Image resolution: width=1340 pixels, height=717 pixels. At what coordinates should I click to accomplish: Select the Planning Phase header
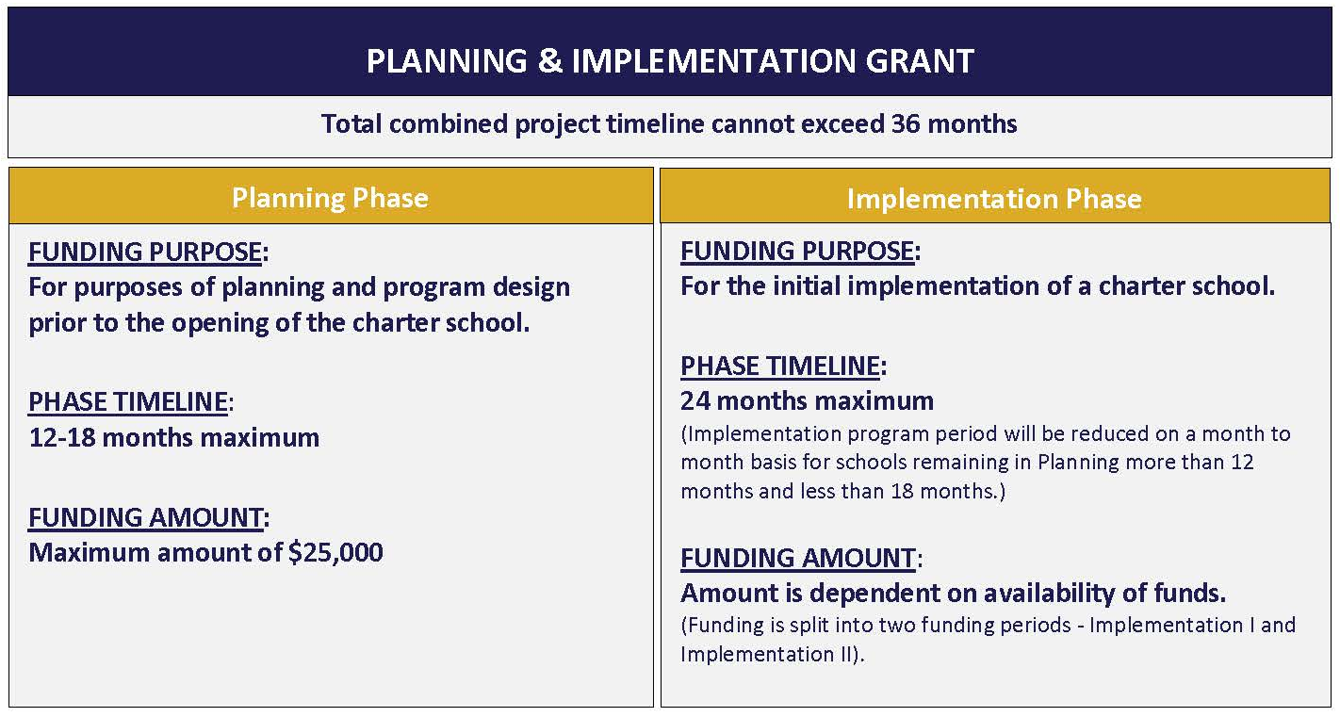[330, 198]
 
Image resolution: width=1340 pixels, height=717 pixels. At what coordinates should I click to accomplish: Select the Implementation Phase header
[994, 199]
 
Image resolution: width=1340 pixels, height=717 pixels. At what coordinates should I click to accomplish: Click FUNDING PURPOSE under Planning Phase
[145, 252]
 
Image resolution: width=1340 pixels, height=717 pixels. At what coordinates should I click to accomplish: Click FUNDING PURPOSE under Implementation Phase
[797, 252]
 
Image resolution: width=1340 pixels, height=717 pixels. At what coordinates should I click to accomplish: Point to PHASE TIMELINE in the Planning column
[128, 402]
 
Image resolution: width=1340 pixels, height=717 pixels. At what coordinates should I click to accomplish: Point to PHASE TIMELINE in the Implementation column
[780, 366]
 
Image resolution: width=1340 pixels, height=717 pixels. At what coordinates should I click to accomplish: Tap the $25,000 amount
[335, 552]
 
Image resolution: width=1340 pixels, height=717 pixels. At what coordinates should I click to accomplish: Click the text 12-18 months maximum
[174, 438]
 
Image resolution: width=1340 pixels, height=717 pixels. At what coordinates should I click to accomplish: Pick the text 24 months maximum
[807, 401]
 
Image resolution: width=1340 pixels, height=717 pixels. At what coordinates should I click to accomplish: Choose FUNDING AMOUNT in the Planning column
[146, 517]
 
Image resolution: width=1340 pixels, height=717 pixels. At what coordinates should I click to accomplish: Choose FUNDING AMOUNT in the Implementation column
[798, 558]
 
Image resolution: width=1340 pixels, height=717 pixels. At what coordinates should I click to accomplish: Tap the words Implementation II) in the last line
[772, 654]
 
